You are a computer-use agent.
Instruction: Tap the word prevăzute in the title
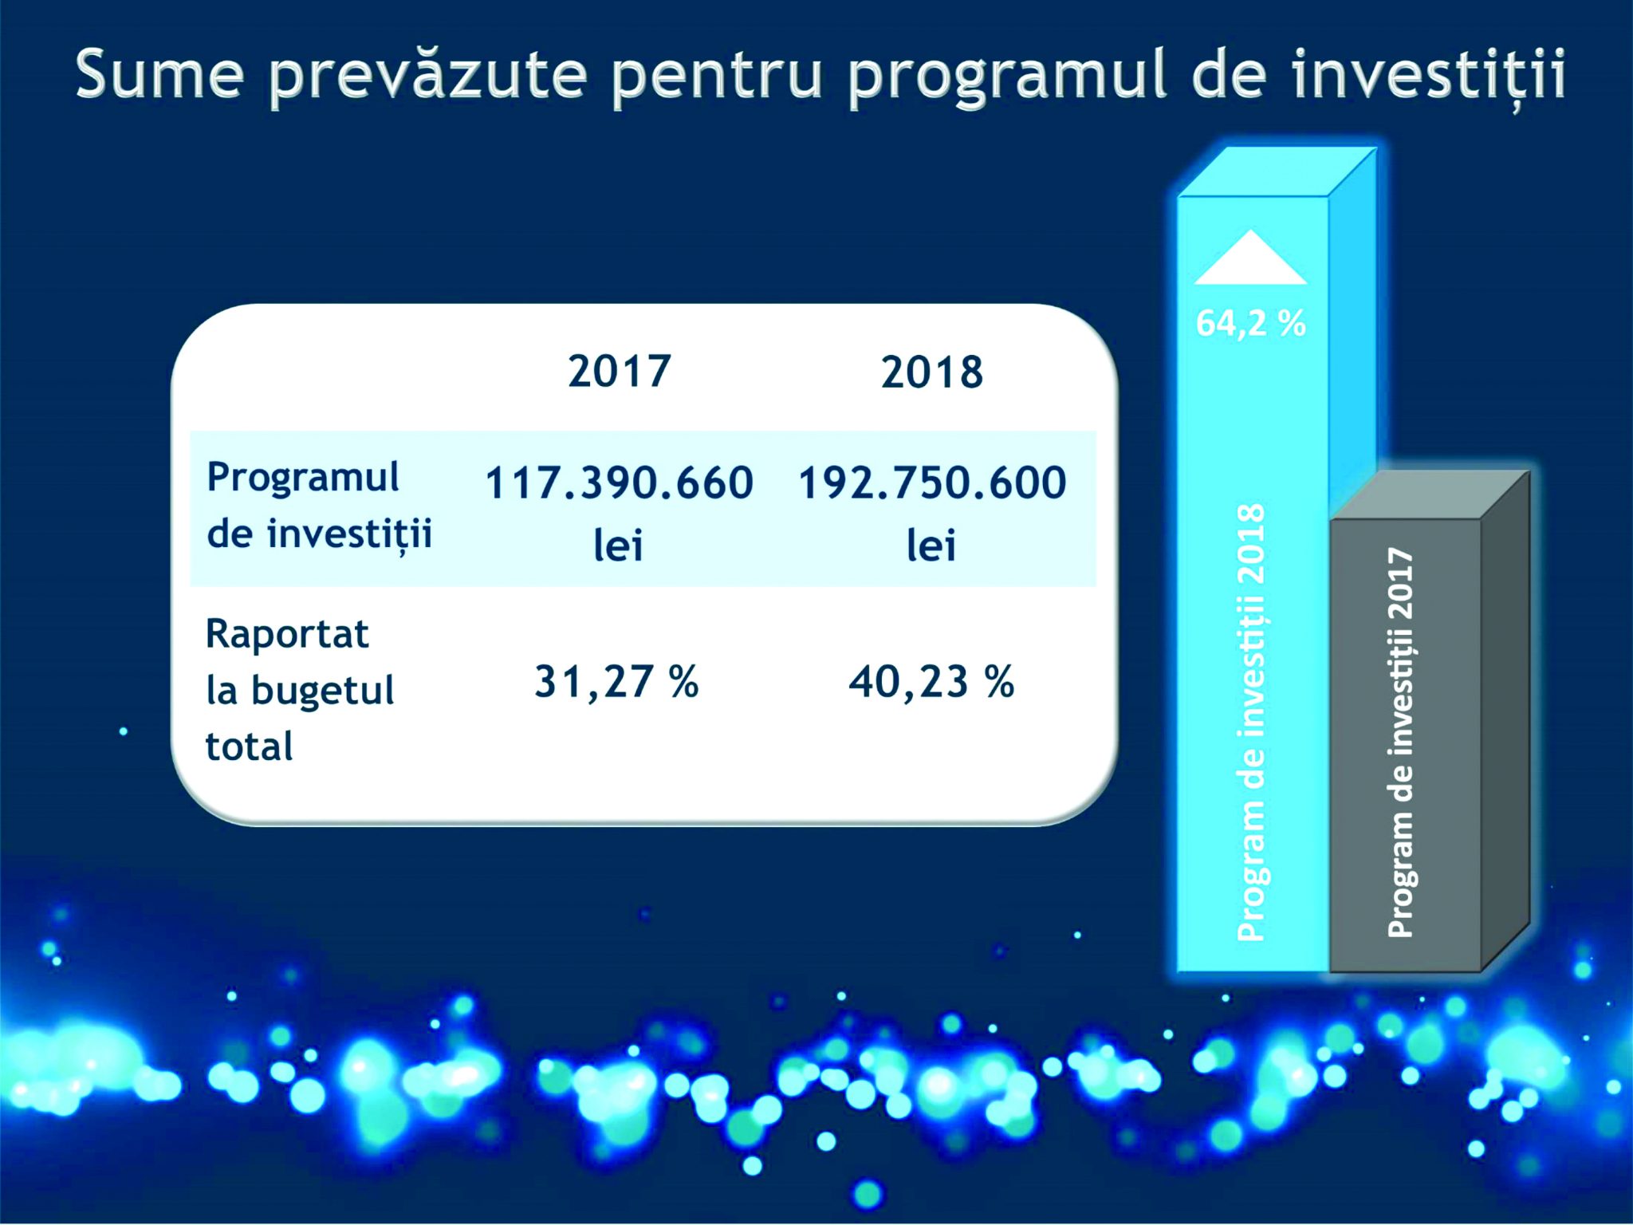click(x=429, y=77)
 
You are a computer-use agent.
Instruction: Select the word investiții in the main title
click(x=1428, y=76)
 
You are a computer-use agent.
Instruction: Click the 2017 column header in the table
click(x=619, y=372)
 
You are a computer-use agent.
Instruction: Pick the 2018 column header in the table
click(x=932, y=372)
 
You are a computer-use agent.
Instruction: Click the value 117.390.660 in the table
click(x=619, y=483)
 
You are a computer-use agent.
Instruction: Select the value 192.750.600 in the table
click(x=932, y=483)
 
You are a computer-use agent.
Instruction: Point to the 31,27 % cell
click(x=616, y=683)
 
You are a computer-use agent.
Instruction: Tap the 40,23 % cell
click(x=931, y=683)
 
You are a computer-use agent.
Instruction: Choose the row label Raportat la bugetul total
click(x=300, y=691)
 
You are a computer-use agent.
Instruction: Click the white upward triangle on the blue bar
click(x=1250, y=257)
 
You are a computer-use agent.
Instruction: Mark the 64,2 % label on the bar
click(x=1250, y=323)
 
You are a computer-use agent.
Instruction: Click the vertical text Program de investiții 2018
click(x=1251, y=723)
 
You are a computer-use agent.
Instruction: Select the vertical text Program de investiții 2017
click(x=1401, y=742)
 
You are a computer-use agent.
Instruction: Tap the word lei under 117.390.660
click(x=618, y=546)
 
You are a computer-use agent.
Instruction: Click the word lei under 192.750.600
click(x=931, y=546)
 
